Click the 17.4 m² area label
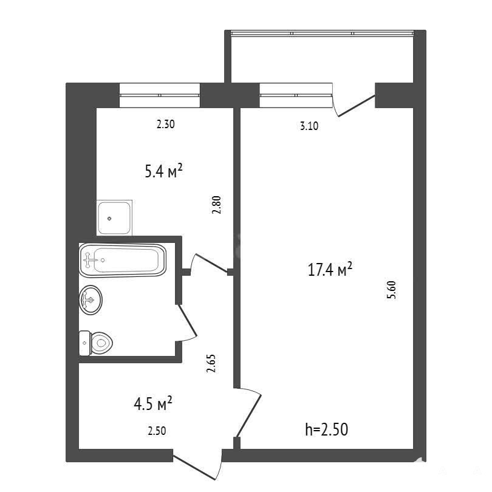(330, 270)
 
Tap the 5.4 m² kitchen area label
(163, 171)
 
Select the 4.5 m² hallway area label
(153, 403)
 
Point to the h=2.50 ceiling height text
(326, 429)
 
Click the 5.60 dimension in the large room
(392, 290)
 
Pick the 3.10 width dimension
(309, 126)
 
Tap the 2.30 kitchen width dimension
(165, 125)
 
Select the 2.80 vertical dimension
(216, 205)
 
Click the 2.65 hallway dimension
(211, 363)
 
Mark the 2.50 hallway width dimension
(157, 431)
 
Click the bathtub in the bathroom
(122, 260)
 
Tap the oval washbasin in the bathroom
(91, 300)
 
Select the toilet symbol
(96, 343)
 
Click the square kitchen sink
(114, 218)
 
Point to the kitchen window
(160, 95)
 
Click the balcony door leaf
(357, 106)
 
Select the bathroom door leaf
(188, 320)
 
